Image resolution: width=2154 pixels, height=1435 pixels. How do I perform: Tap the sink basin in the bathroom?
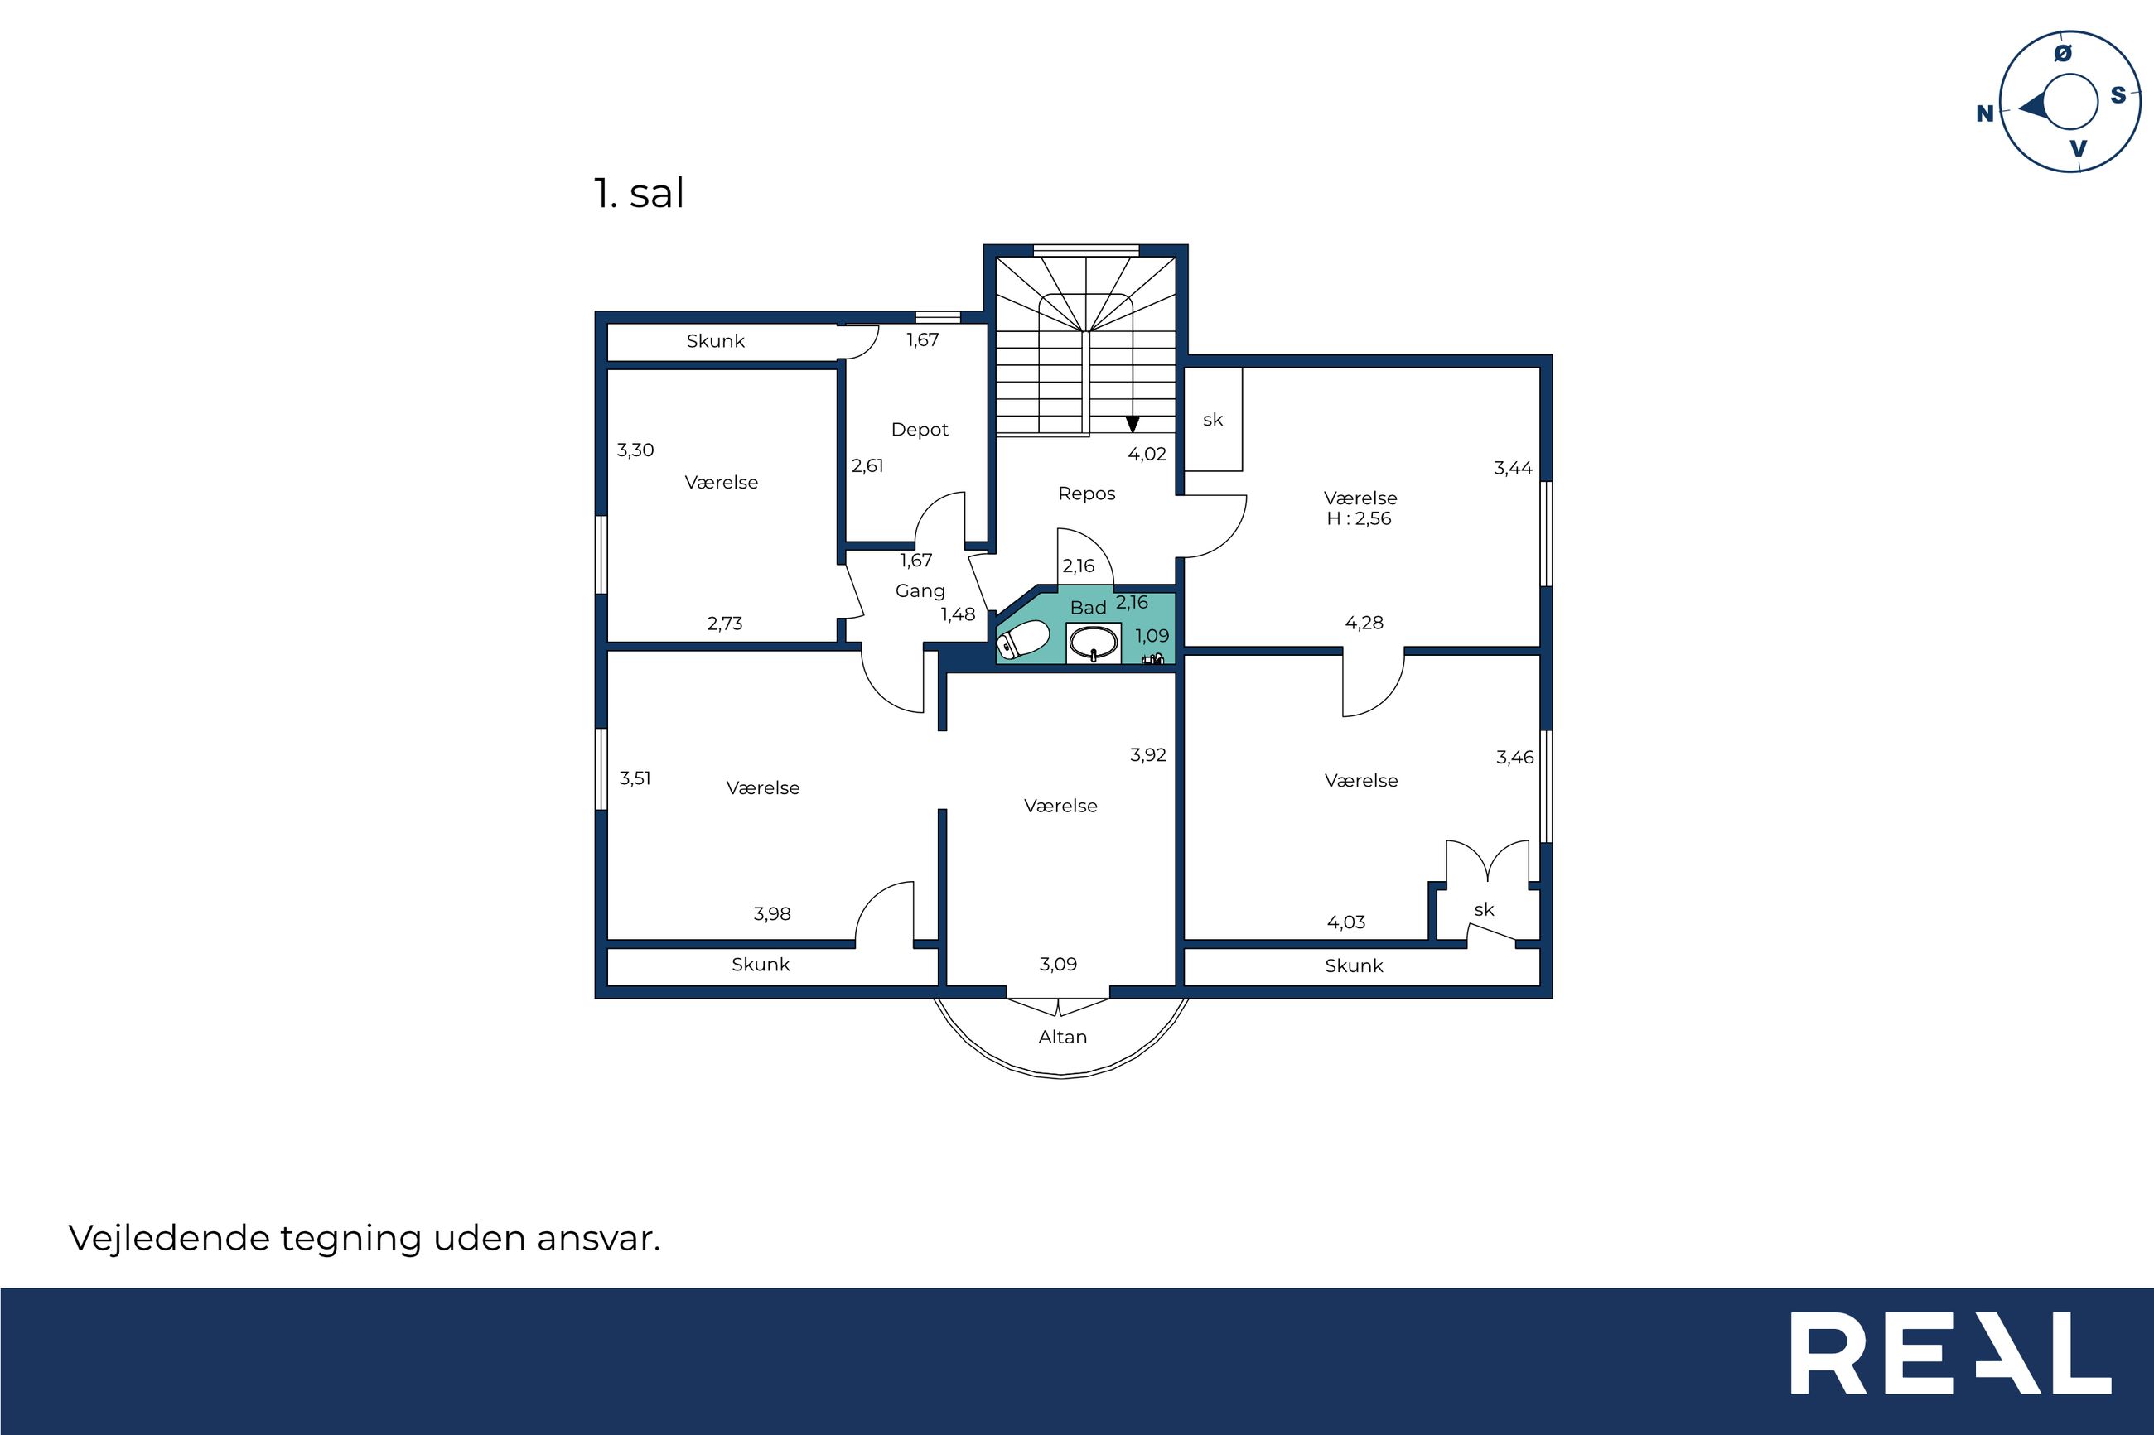click(x=1093, y=643)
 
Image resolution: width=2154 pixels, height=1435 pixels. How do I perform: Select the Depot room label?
click(x=919, y=429)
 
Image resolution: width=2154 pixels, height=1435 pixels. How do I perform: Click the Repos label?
click(x=1087, y=494)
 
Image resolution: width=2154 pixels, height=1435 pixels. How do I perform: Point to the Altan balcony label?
click(x=1062, y=1037)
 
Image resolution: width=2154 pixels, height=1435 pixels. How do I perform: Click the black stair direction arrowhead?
click(x=1133, y=425)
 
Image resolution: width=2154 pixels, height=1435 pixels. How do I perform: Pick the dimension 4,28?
click(x=1364, y=624)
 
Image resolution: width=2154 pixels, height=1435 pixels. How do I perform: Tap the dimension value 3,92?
click(x=1148, y=755)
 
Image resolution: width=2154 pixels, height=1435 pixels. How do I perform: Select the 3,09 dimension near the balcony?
click(x=1057, y=964)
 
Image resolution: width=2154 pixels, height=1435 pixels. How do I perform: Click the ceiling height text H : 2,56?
click(x=1360, y=519)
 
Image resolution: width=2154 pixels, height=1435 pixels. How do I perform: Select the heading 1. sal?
click(x=639, y=193)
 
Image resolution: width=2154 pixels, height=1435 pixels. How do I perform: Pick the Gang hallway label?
click(x=920, y=591)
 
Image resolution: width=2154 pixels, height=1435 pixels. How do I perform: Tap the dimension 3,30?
click(x=635, y=450)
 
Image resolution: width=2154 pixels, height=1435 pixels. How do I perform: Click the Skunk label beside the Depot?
click(x=715, y=341)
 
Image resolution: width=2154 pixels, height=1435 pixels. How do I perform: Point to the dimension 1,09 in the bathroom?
click(x=1152, y=635)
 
